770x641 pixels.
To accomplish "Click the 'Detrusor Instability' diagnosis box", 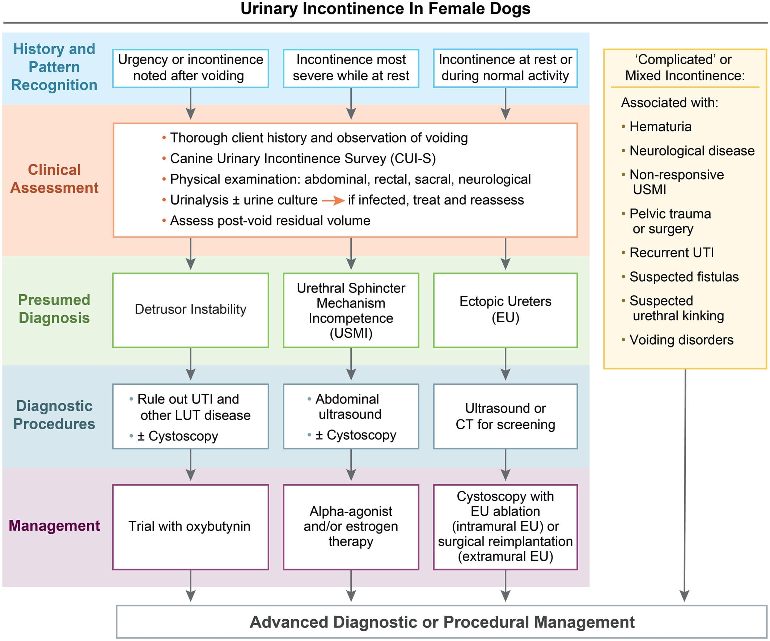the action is coord(190,310).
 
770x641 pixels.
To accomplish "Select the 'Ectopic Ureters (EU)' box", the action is coord(505,310).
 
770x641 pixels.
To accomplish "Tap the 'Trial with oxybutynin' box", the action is coord(190,527).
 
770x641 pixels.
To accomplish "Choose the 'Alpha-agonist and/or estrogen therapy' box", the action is coord(351,527).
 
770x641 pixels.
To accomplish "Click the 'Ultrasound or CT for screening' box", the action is coord(505,416).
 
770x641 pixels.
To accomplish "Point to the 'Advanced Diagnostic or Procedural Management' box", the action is coord(442,622).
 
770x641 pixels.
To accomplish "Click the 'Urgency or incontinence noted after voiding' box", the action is coord(190,68).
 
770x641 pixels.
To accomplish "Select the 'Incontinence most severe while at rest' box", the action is coord(351,68).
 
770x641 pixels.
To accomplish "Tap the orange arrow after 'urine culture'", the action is coord(333,201).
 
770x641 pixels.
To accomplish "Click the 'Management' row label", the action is coord(54,526).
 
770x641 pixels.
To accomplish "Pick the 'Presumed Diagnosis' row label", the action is coord(54,309).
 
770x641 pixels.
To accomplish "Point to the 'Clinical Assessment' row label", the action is coord(54,178).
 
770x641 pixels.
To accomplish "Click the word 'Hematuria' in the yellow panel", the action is coord(660,127).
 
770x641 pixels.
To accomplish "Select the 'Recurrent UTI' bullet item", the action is coord(668,253).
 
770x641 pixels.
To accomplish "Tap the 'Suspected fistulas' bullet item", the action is coord(680,277).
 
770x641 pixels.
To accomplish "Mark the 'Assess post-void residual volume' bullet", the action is coord(266,221).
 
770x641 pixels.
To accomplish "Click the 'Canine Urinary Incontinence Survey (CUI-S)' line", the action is coord(299,159).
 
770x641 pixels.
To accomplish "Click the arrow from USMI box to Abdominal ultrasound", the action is coord(351,364).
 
